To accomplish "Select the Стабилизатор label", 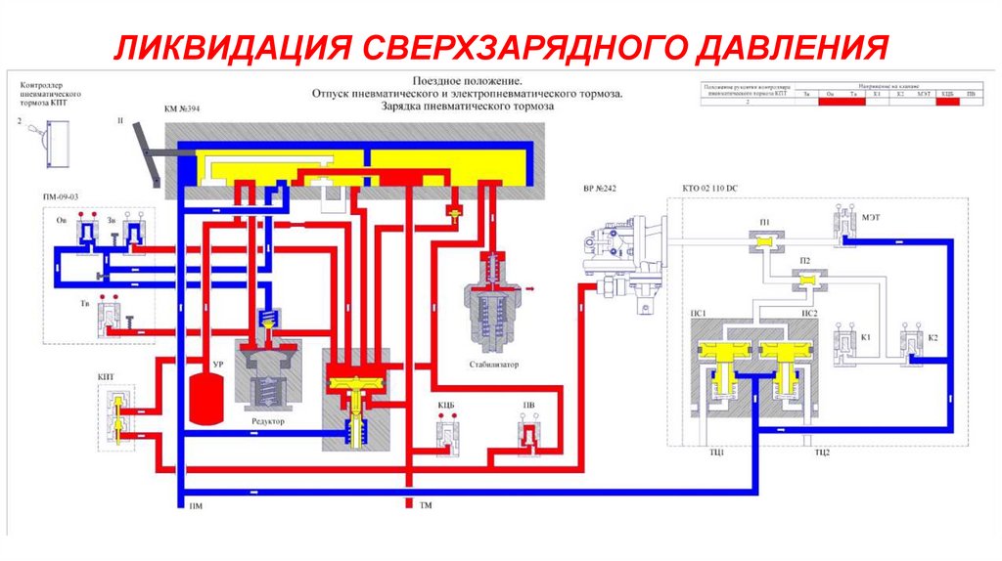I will point(494,365).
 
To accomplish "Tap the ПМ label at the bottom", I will point(196,507).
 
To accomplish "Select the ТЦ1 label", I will point(715,453).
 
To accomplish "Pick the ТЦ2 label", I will point(820,453).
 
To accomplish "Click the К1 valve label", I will point(866,338).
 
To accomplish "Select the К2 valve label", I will point(933,338).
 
